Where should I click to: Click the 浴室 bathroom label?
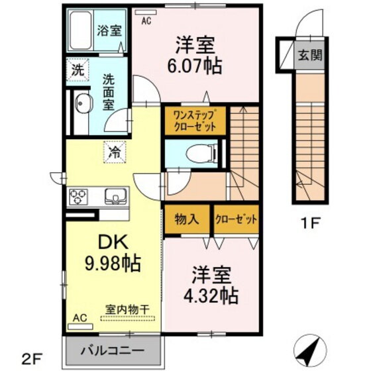point(109,30)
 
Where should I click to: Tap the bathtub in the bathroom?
point(81,30)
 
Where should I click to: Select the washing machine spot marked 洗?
point(78,70)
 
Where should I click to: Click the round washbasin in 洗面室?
point(83,103)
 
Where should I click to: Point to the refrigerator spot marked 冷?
point(115,152)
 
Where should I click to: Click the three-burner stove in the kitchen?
point(78,197)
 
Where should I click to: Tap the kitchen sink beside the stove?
point(116,196)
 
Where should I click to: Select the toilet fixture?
point(201,154)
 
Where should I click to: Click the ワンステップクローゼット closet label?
point(195,121)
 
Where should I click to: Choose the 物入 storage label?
point(187,219)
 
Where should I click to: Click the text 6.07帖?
point(195,66)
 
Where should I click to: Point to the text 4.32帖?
point(211,295)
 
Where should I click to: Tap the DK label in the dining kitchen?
point(113,242)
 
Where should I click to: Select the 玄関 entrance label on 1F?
point(310,56)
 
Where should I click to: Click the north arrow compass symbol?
point(310,350)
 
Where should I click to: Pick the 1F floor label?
point(310,223)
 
